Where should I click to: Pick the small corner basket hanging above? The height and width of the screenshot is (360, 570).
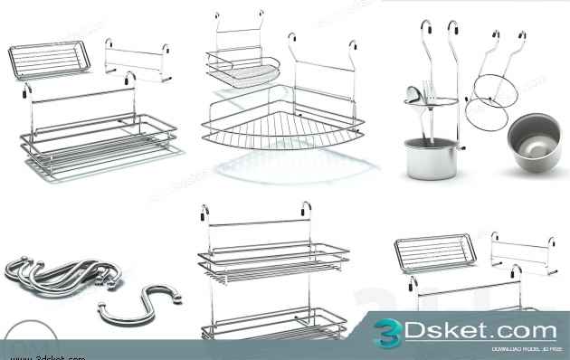pyautogui.click(x=242, y=69)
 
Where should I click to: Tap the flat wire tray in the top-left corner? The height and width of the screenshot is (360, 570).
pyautogui.click(x=50, y=60)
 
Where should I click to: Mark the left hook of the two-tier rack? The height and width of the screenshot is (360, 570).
pyautogui.click(x=206, y=217)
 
